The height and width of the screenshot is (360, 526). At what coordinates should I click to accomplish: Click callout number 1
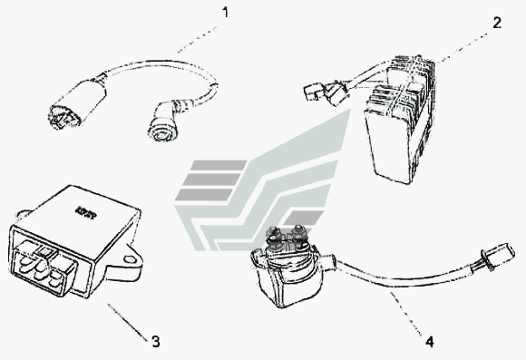(x=226, y=13)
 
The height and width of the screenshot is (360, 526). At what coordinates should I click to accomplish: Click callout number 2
(x=497, y=23)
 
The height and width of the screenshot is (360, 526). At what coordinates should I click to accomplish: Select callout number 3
(x=156, y=342)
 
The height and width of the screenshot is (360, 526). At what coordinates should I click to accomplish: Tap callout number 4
(x=430, y=342)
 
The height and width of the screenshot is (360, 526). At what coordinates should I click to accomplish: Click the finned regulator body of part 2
(x=401, y=121)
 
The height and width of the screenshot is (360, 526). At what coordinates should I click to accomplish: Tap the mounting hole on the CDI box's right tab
(x=128, y=259)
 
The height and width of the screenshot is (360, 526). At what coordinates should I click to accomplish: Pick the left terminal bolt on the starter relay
(x=275, y=234)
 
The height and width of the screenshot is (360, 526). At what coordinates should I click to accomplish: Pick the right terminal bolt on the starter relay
(x=297, y=232)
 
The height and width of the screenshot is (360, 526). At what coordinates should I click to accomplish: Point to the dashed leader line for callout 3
(x=128, y=322)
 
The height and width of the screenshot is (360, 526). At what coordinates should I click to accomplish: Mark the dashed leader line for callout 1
(x=198, y=39)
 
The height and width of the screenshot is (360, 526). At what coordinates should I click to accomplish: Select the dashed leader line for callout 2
(x=463, y=48)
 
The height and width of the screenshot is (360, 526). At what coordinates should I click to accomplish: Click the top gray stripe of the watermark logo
(x=219, y=164)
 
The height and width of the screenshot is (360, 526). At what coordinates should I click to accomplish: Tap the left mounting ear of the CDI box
(x=23, y=215)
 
